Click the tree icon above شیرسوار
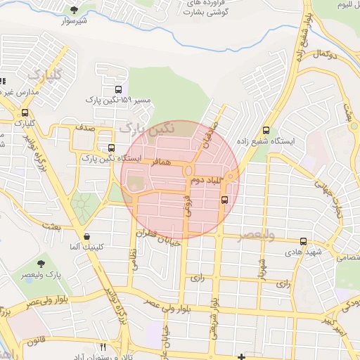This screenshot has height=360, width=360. [x=75, y=9]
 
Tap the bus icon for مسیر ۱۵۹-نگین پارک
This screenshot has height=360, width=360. [x=118, y=90]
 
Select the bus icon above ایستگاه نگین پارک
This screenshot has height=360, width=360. [x=111, y=148]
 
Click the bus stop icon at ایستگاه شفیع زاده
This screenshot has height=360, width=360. [x=266, y=130]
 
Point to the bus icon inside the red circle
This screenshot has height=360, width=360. [x=224, y=200]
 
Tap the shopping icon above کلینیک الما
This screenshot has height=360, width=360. [x=86, y=236]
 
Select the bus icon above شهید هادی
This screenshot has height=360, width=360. [x=303, y=241]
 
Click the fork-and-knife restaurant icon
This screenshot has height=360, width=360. [x=103, y=347]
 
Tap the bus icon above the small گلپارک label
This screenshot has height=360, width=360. [x=25, y=112]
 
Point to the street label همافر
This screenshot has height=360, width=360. [x=162, y=162]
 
